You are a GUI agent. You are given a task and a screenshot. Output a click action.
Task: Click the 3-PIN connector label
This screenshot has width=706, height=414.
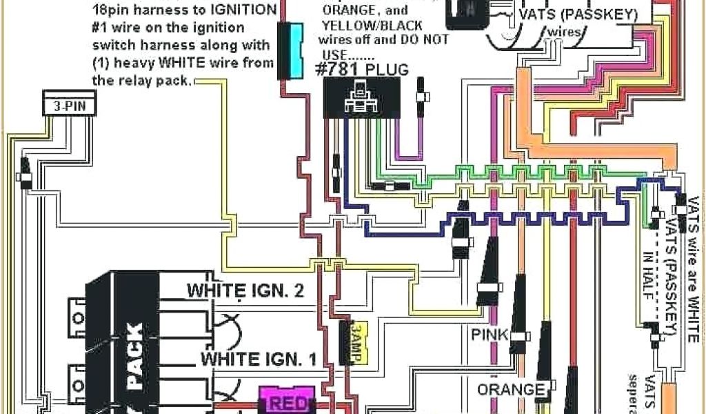tap(69, 108)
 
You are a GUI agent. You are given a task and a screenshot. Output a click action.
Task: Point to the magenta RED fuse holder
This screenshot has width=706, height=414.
tap(286, 401)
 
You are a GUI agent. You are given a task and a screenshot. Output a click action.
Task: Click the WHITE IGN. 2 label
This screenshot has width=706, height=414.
tap(245, 290)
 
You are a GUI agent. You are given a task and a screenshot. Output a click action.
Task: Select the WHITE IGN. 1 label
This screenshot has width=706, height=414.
tap(259, 359)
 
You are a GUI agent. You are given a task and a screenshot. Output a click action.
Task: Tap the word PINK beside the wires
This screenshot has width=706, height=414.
tap(490, 335)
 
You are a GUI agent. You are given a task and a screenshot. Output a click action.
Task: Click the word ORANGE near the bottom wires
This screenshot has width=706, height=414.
tap(511, 390)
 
